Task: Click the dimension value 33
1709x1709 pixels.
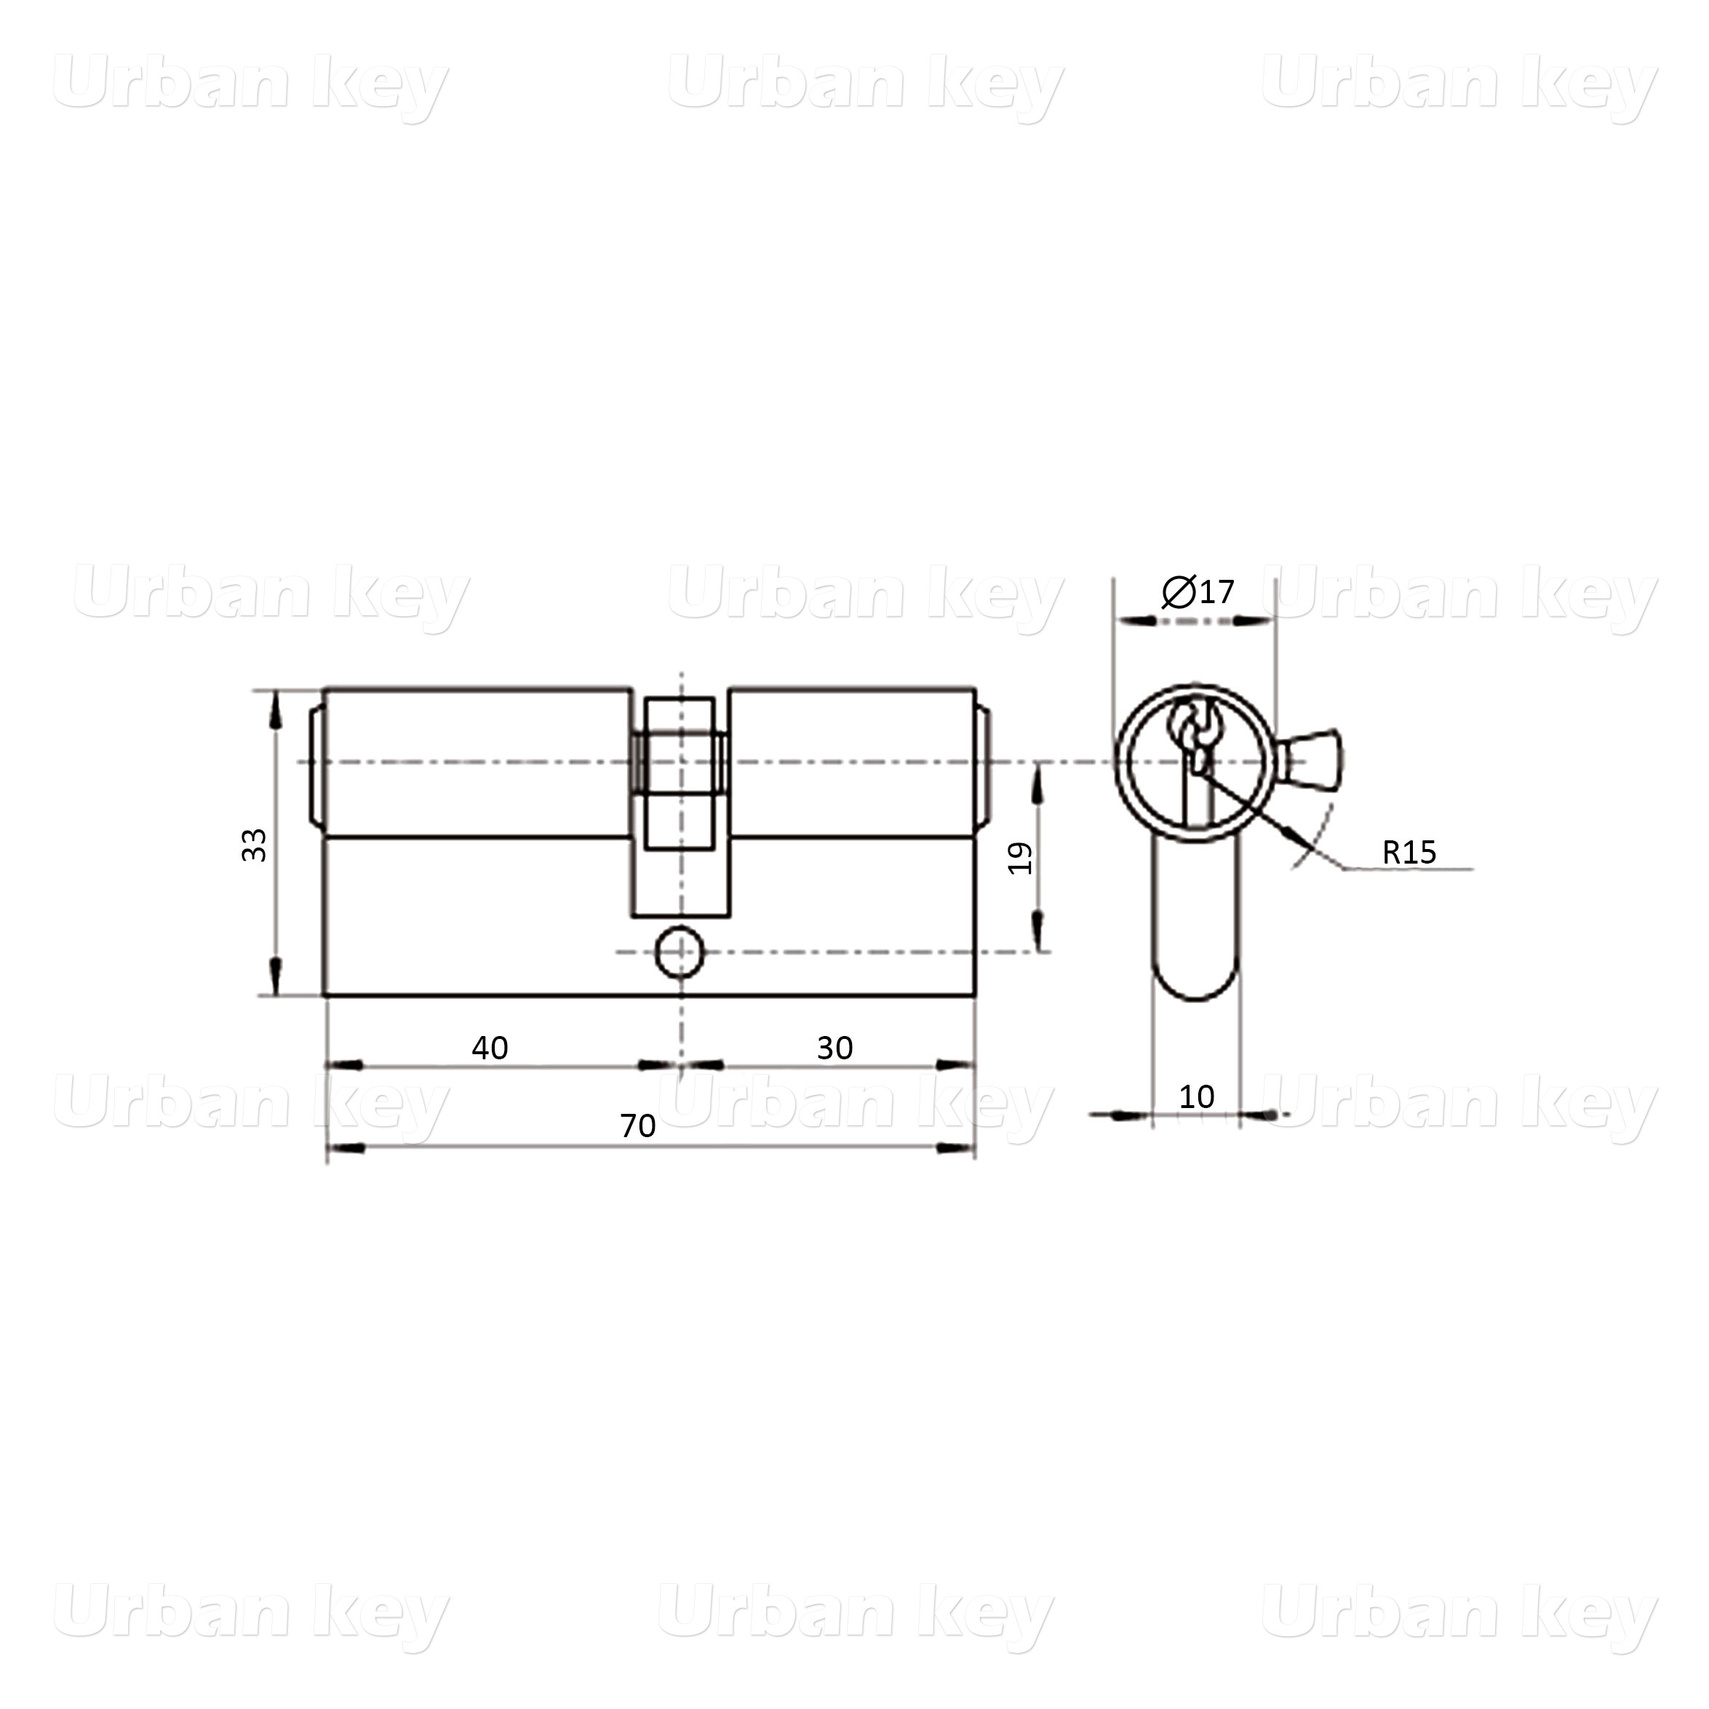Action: pos(255,845)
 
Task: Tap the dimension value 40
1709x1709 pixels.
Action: pos(490,1048)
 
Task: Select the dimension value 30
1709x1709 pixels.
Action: pos(835,1048)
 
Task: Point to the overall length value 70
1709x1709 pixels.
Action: pos(638,1126)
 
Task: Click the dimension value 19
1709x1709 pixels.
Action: pos(1021,858)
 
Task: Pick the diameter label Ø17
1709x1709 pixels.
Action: pos(1198,591)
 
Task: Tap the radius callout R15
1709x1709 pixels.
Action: pos(1410,853)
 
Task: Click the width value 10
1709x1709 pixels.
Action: pos(1197,1097)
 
